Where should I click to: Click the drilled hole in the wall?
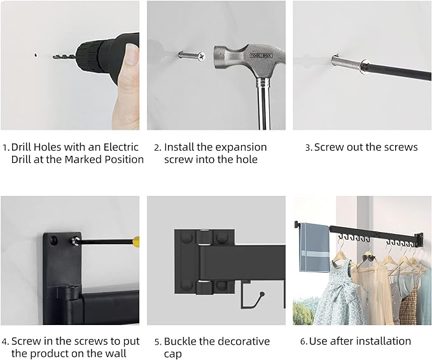click(36, 55)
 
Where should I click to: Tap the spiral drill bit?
click(64, 57)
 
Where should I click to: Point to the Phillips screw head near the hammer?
click(202, 57)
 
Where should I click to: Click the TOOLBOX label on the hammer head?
click(261, 55)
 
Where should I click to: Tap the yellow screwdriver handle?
click(136, 242)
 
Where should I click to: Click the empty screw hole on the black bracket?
click(53, 240)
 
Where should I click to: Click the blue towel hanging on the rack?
click(314, 247)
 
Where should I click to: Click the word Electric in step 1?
click(121, 147)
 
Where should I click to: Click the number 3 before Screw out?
click(308, 148)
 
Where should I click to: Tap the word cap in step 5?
click(173, 354)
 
